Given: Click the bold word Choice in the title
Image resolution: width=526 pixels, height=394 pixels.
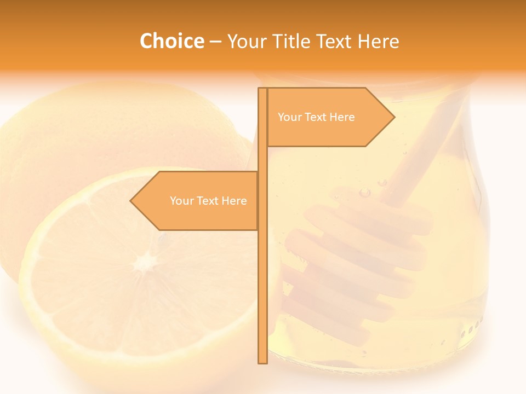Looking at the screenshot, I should [x=171, y=41].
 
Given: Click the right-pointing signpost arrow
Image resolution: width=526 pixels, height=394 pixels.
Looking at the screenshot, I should [x=329, y=117].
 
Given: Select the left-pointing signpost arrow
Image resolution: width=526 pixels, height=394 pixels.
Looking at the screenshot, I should [x=197, y=201].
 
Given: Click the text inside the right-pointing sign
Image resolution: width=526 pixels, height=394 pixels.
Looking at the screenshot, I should [x=316, y=117].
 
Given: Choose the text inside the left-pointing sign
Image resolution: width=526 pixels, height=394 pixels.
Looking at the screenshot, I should [x=208, y=201].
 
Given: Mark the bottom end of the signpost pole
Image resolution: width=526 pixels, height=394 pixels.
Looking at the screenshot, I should [x=262, y=362].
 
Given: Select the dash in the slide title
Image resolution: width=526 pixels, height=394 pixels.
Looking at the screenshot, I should [x=216, y=42].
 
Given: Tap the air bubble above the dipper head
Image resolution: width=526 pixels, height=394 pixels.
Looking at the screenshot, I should [x=365, y=192].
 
